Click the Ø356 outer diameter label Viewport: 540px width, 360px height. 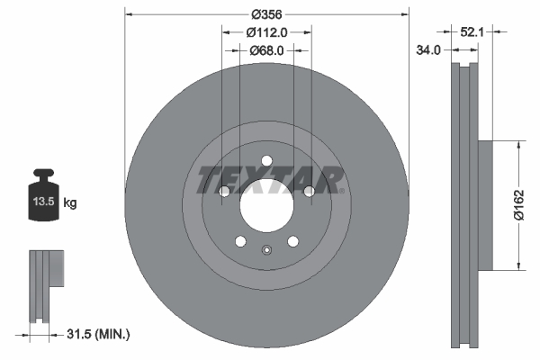click(267, 14)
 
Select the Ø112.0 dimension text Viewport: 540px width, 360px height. click(267, 32)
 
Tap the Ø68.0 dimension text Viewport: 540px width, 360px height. click(267, 50)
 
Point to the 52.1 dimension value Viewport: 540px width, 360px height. click(472, 31)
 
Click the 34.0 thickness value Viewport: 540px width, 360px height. click(428, 50)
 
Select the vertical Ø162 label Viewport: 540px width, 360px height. click(519, 203)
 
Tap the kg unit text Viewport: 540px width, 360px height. click(70, 203)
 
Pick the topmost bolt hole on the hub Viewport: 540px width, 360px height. click(267, 161)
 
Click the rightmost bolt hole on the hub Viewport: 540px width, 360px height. click(309, 192)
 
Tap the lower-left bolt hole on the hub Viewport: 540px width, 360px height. click(240, 240)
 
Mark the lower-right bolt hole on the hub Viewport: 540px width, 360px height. click(293, 240)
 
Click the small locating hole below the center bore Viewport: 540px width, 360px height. click(266, 250)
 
